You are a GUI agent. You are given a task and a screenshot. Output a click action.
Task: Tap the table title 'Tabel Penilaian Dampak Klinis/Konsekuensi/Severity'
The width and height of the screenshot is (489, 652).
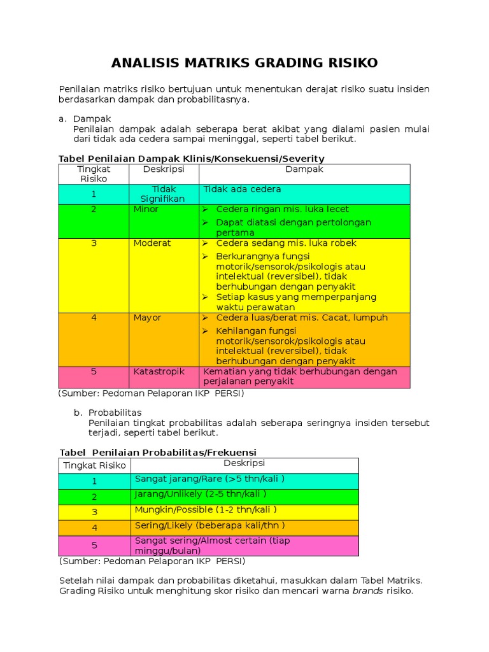[191, 159]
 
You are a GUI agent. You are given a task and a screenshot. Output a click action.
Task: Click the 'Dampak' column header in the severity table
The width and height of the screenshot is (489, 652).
[304, 169]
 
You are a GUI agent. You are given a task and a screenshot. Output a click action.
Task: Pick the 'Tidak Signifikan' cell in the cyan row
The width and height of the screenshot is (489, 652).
[164, 194]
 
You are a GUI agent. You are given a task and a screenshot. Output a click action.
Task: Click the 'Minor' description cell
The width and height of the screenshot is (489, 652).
[146, 209]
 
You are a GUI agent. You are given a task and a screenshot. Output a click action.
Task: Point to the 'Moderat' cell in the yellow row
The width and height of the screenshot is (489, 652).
[152, 243]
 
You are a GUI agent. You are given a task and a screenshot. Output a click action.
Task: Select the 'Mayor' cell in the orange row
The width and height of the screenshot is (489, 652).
[147, 318]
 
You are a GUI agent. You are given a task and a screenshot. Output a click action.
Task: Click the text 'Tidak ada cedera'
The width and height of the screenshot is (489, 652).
[242, 190]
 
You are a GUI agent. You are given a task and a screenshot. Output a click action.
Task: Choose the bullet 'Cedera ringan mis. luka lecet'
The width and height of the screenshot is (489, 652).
[282, 209]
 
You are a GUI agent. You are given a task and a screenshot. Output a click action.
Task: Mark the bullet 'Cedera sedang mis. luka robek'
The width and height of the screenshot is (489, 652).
[286, 243]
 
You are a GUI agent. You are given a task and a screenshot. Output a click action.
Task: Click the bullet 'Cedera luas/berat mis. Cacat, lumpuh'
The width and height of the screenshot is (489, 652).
[301, 318]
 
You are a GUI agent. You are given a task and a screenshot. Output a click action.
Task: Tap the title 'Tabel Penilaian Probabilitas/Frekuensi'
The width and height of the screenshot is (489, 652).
[157, 452]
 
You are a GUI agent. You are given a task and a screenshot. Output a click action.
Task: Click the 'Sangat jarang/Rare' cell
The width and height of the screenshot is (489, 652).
[209, 479]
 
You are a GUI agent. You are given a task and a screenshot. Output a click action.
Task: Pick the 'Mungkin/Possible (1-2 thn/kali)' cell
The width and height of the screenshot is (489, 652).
[206, 510]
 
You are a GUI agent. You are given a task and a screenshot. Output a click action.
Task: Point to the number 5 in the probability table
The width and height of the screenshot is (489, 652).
[94, 546]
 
